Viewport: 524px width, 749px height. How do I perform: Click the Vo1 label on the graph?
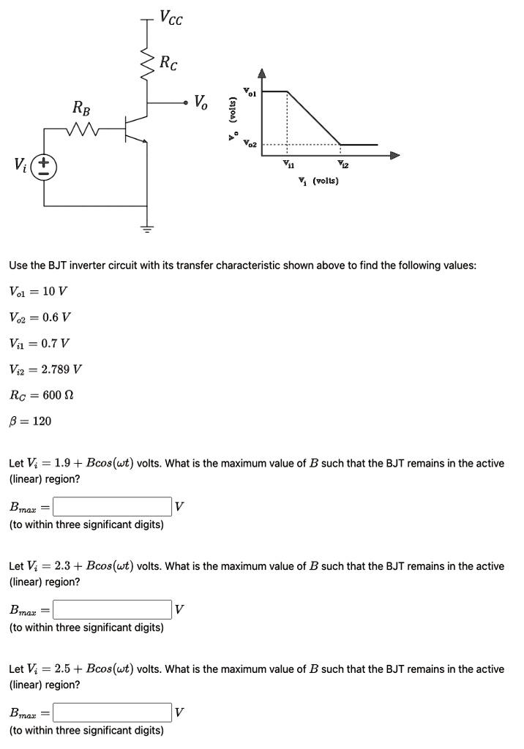pyautogui.click(x=251, y=92)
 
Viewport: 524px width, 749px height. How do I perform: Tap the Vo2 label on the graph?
pyautogui.click(x=250, y=143)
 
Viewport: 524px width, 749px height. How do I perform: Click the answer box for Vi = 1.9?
pyautogui.click(x=112, y=505)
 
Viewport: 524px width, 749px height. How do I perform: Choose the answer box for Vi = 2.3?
pyautogui.click(x=112, y=609)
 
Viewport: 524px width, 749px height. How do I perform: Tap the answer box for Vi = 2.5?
pyautogui.click(x=112, y=711)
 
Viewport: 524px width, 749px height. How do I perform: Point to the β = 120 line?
pyautogui.click(x=30, y=421)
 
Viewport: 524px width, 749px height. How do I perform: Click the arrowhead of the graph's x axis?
pyautogui.click(x=396, y=155)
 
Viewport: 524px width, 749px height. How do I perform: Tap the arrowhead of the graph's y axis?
pyautogui.click(x=262, y=73)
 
